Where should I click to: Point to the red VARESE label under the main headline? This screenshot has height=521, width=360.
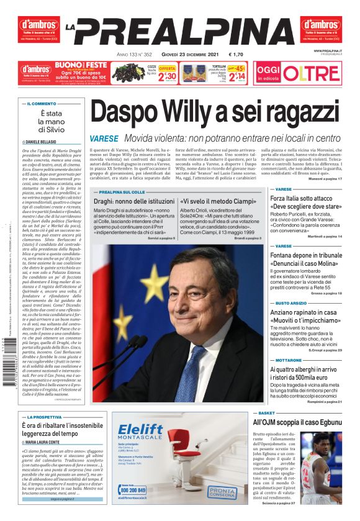coord(104,138)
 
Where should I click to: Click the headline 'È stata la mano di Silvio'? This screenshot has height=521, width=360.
coord(52,122)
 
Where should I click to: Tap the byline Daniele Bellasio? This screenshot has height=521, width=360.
coord(43,142)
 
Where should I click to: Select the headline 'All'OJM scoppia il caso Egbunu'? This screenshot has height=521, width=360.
coord(307,422)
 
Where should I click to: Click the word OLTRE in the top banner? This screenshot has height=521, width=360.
coord(319,73)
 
